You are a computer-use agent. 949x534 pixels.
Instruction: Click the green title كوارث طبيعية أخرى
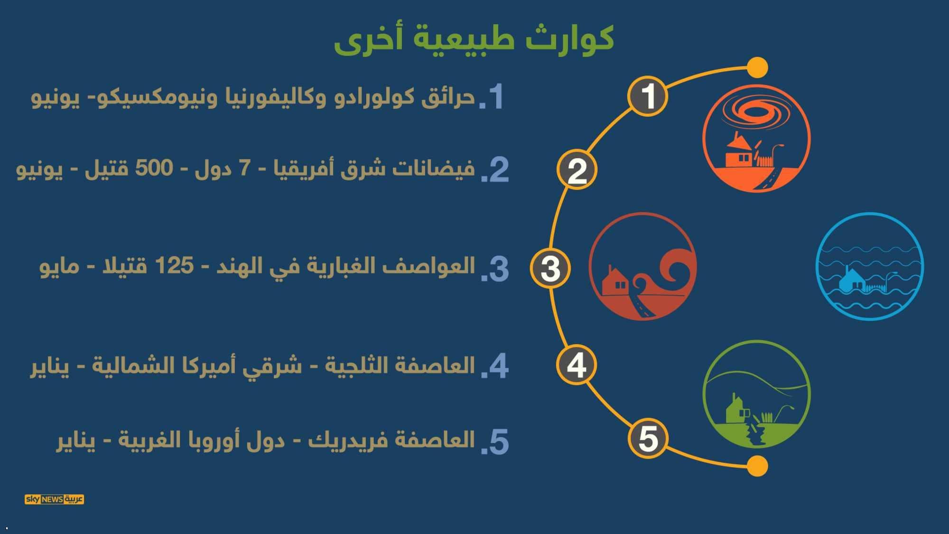[x=474, y=39]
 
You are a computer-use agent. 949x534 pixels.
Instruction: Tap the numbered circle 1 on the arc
[x=648, y=96]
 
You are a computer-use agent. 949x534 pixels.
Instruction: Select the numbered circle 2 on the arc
[x=577, y=170]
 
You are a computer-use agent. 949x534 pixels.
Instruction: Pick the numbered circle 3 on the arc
[x=550, y=268]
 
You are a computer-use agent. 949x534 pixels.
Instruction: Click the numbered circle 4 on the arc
[x=577, y=365]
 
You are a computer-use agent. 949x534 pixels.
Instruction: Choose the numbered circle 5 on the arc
[x=648, y=438]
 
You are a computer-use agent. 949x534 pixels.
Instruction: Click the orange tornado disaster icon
[x=757, y=139]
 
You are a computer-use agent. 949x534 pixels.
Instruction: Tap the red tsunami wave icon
[x=643, y=266]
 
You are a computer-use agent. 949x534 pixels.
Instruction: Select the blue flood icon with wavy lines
[x=870, y=266]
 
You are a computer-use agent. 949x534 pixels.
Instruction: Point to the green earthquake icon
[x=757, y=394]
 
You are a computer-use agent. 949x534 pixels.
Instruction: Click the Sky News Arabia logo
[x=54, y=499]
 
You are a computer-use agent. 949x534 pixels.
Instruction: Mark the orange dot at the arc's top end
[x=757, y=67]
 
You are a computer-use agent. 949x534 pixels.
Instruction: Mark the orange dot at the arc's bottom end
[x=757, y=466]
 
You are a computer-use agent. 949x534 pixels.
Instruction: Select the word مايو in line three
[x=59, y=267]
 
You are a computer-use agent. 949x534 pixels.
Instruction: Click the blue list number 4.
[x=496, y=366]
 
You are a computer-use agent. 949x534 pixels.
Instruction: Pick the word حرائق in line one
[x=448, y=97]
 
